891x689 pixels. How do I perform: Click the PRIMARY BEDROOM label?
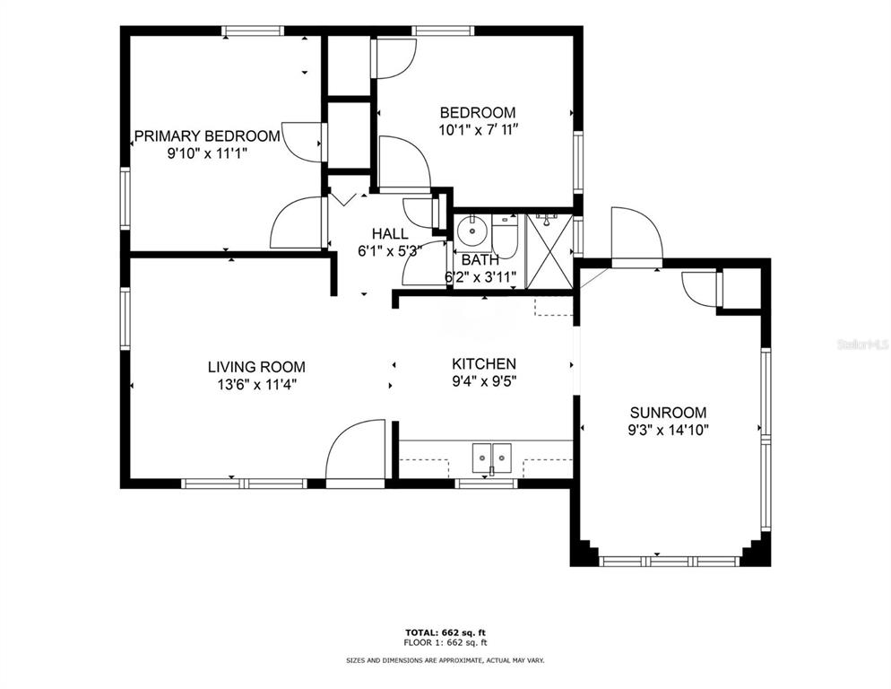[x=207, y=136]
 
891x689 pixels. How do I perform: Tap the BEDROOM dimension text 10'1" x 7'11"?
[x=479, y=130]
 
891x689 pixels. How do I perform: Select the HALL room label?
[x=390, y=234]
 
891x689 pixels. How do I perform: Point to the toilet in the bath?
[x=504, y=236]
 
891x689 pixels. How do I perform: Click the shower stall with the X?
[x=549, y=250]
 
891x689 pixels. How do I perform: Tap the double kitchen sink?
[x=492, y=457]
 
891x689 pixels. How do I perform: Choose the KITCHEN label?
[x=484, y=364]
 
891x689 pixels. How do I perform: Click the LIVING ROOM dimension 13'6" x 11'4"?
[x=257, y=385]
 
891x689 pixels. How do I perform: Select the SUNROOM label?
[x=669, y=413]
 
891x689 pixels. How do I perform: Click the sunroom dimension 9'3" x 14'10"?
[x=669, y=430]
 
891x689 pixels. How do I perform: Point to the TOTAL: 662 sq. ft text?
[x=445, y=632]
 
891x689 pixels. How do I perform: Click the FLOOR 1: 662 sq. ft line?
[x=445, y=643]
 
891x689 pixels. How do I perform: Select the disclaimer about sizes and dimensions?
[x=445, y=660]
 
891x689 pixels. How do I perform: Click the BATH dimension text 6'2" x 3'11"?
[x=480, y=277]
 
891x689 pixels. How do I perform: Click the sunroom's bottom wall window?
[x=670, y=561]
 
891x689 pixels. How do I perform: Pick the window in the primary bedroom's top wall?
[x=252, y=31]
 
